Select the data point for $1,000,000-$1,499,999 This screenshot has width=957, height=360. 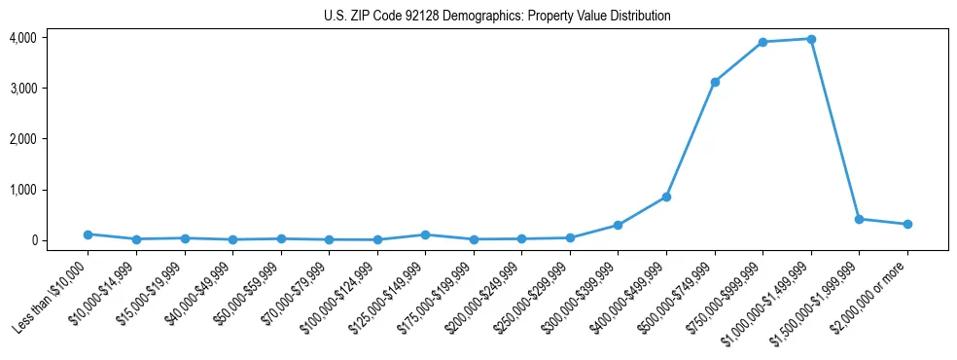810,39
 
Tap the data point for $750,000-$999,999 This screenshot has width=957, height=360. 762,42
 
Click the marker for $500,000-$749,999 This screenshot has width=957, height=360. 714,82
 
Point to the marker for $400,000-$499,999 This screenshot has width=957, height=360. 666,197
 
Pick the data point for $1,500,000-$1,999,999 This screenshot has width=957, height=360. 859,219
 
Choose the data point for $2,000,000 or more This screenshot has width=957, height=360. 906,224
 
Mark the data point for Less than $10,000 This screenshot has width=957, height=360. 88,234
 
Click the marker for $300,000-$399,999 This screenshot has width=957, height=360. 618,225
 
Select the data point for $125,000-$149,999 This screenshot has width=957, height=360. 425,234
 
